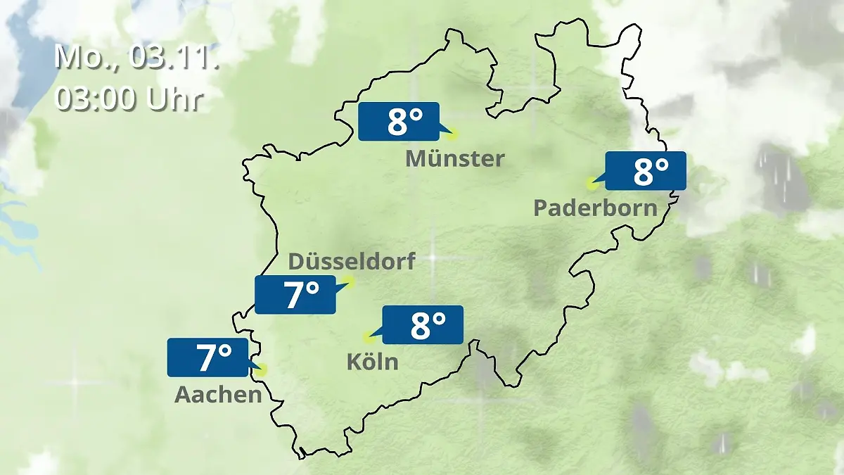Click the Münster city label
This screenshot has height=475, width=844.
point(454,159)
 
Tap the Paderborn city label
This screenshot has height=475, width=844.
point(595,208)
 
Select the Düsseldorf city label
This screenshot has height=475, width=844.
point(352,261)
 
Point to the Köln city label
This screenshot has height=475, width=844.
point(372,362)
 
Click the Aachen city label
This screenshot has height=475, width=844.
point(218,395)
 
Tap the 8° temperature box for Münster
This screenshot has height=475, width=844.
point(398,122)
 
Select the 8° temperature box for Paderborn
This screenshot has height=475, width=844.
point(645,171)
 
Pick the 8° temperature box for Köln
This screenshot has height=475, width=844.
point(423,324)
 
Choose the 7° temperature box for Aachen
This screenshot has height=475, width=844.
point(207,357)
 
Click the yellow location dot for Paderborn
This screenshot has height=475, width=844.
point(592,183)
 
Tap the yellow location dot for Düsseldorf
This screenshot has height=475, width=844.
point(349,282)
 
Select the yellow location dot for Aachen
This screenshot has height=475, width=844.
point(262,369)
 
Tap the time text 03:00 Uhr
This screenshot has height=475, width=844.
point(129,99)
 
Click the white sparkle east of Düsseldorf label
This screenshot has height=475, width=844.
point(433,258)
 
